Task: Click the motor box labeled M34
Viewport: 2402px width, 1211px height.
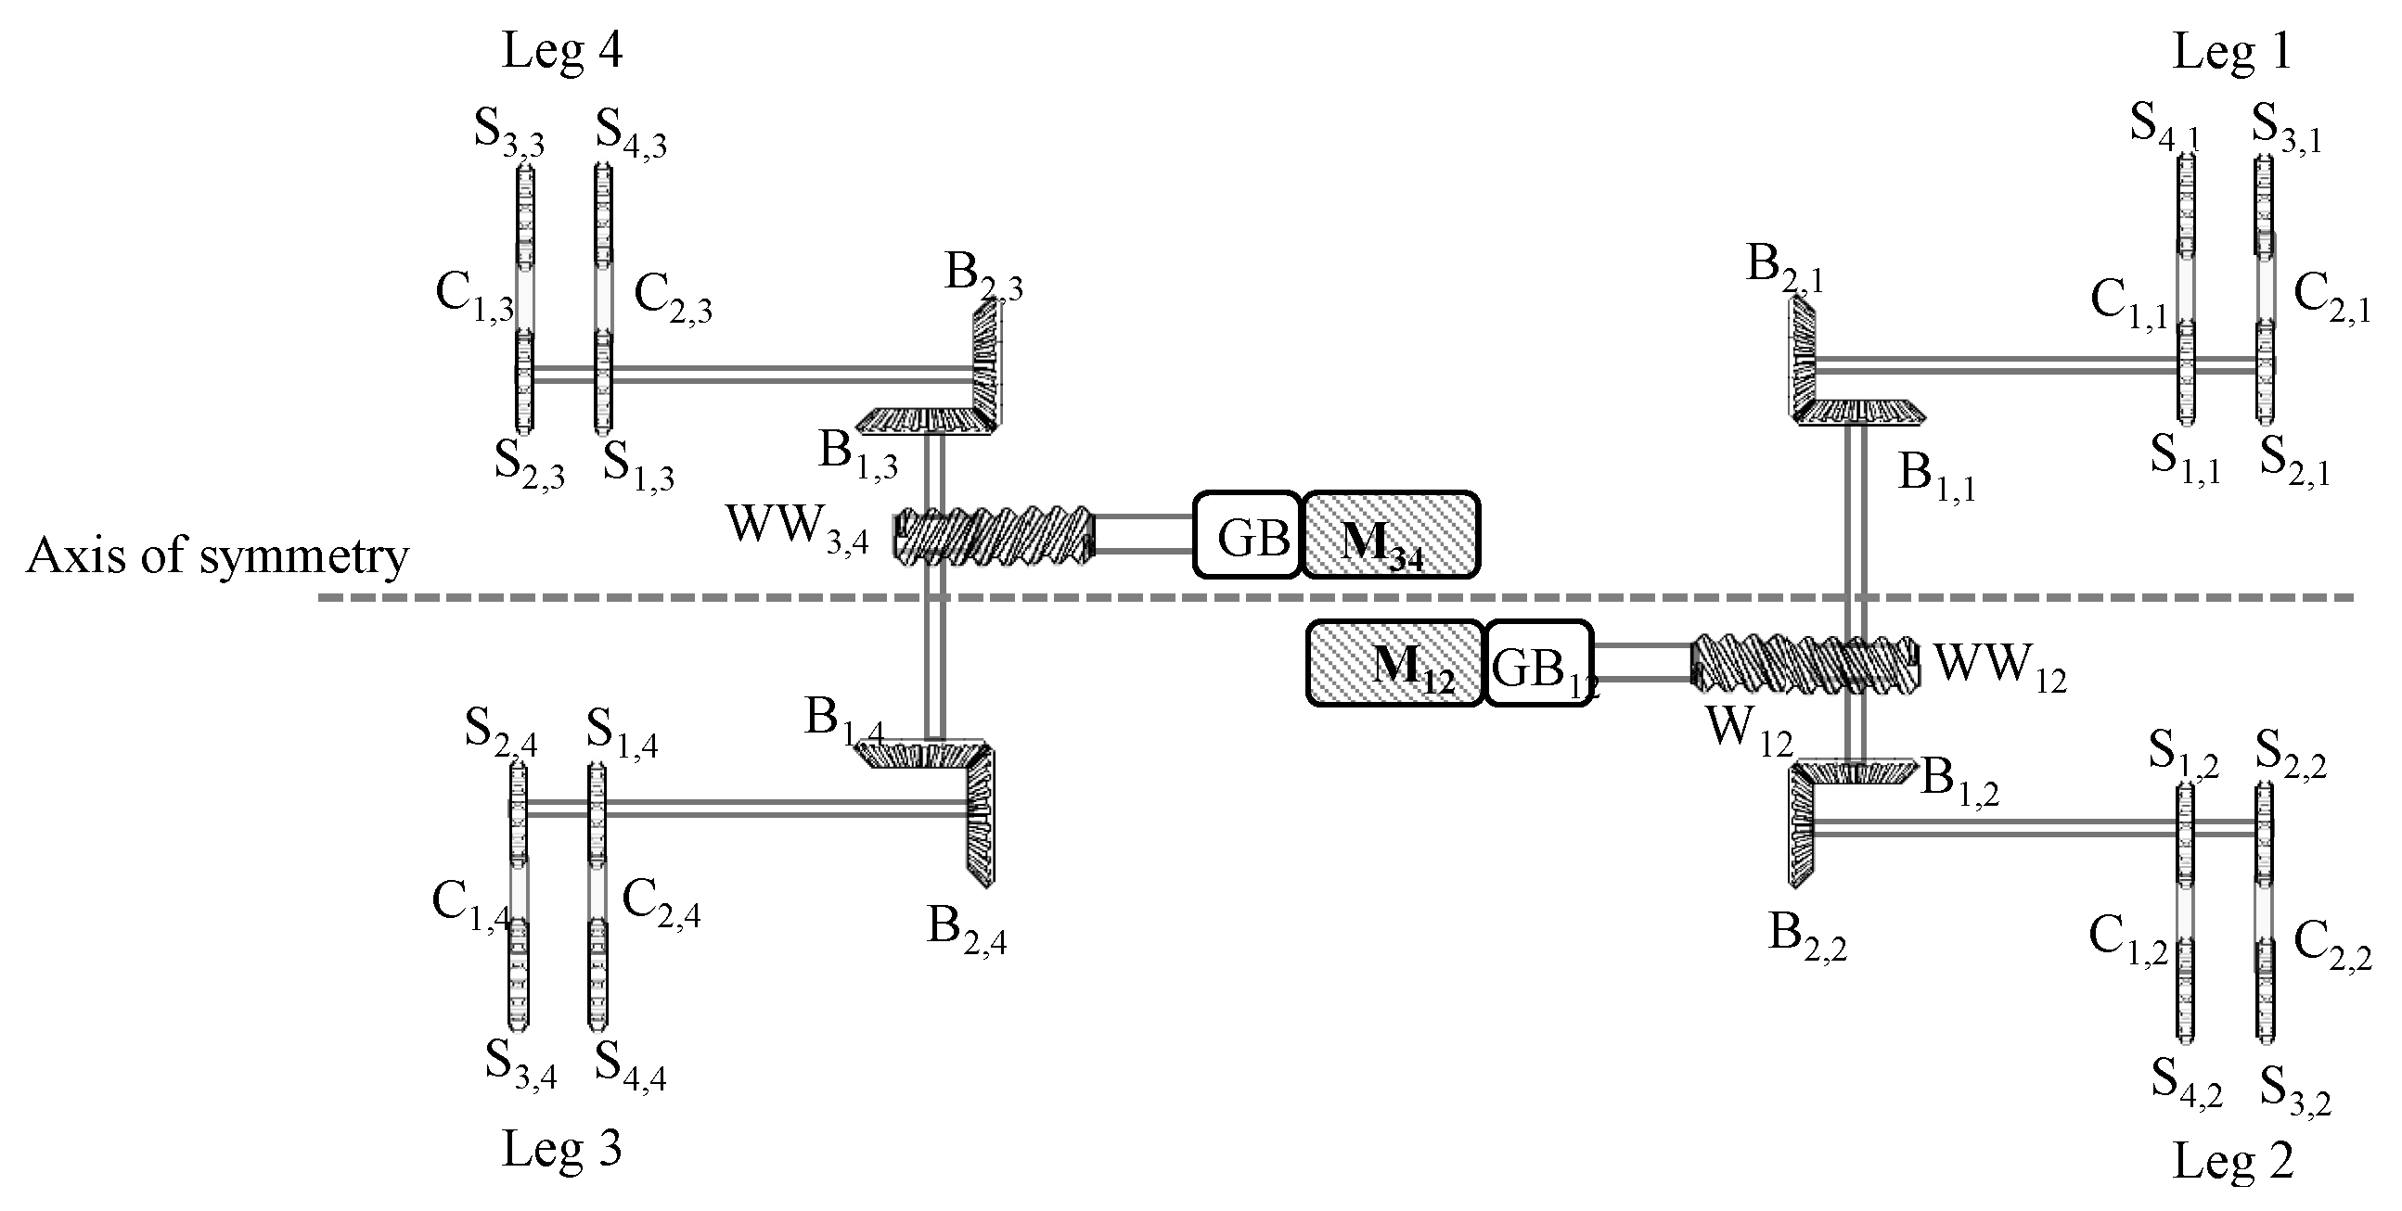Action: coord(1390,534)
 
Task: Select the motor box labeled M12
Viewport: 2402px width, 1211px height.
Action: coord(1394,664)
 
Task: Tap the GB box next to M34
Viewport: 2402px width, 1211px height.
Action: coord(1248,535)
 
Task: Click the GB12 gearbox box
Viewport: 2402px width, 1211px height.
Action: coord(1538,664)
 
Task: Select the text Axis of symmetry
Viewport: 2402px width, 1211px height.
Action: coord(217,556)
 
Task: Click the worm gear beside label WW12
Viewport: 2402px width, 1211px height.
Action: coord(1805,664)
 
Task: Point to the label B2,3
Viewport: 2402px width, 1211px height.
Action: coord(983,276)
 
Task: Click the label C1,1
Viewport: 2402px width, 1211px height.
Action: coord(2130,304)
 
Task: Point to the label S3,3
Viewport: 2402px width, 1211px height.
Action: coord(509,132)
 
